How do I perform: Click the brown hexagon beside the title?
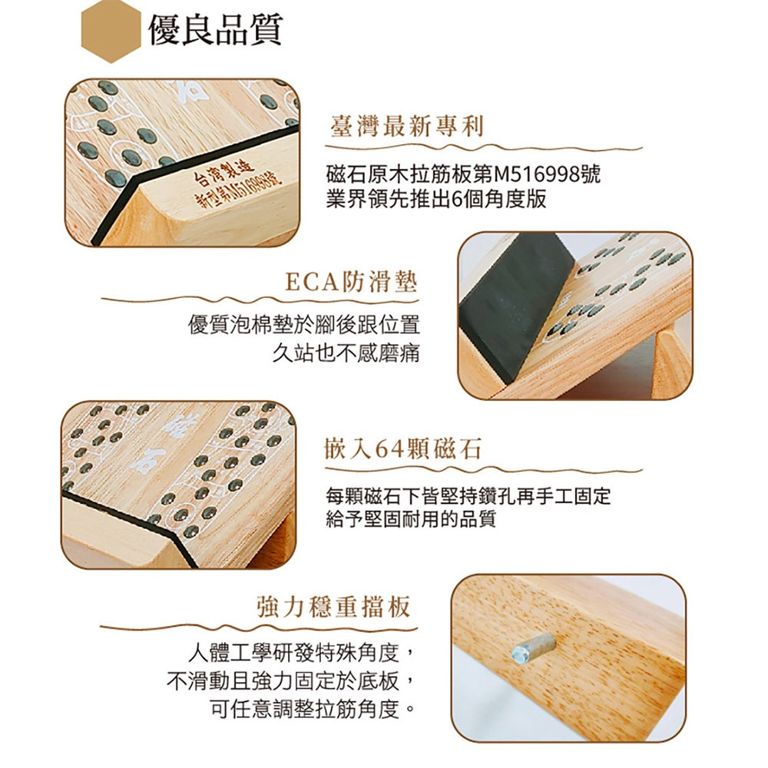(x=111, y=31)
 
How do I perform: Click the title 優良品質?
(x=216, y=30)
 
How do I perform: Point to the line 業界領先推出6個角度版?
(x=436, y=199)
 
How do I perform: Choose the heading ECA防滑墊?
(x=351, y=282)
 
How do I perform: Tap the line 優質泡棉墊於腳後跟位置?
(x=304, y=325)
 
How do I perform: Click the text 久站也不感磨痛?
(x=346, y=353)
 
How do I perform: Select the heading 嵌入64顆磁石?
(x=403, y=449)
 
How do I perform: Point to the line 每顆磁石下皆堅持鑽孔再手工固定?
(x=468, y=496)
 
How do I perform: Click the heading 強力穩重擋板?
(x=333, y=607)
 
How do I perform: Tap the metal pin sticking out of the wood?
(x=534, y=649)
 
